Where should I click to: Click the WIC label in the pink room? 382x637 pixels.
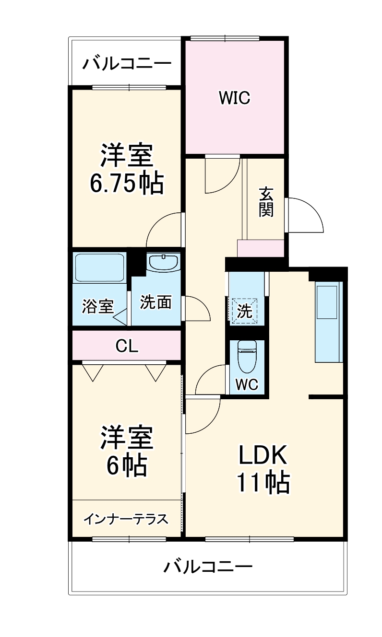[235, 98]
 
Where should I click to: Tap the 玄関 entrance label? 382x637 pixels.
[266, 201]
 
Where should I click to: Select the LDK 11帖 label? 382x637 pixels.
[263, 469]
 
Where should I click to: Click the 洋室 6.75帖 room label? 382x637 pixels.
[127, 169]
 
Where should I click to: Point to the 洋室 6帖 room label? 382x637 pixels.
[127, 451]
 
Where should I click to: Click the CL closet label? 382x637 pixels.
[127, 346]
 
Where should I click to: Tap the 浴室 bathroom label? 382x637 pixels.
[97, 306]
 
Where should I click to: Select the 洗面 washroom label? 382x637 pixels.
[156, 302]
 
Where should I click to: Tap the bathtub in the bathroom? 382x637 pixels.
[100, 268]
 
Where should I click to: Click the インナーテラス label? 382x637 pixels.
[126, 519]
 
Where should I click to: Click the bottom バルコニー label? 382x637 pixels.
[208, 568]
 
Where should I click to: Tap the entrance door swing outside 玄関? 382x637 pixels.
[305, 216]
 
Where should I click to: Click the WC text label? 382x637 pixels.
[247, 384]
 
